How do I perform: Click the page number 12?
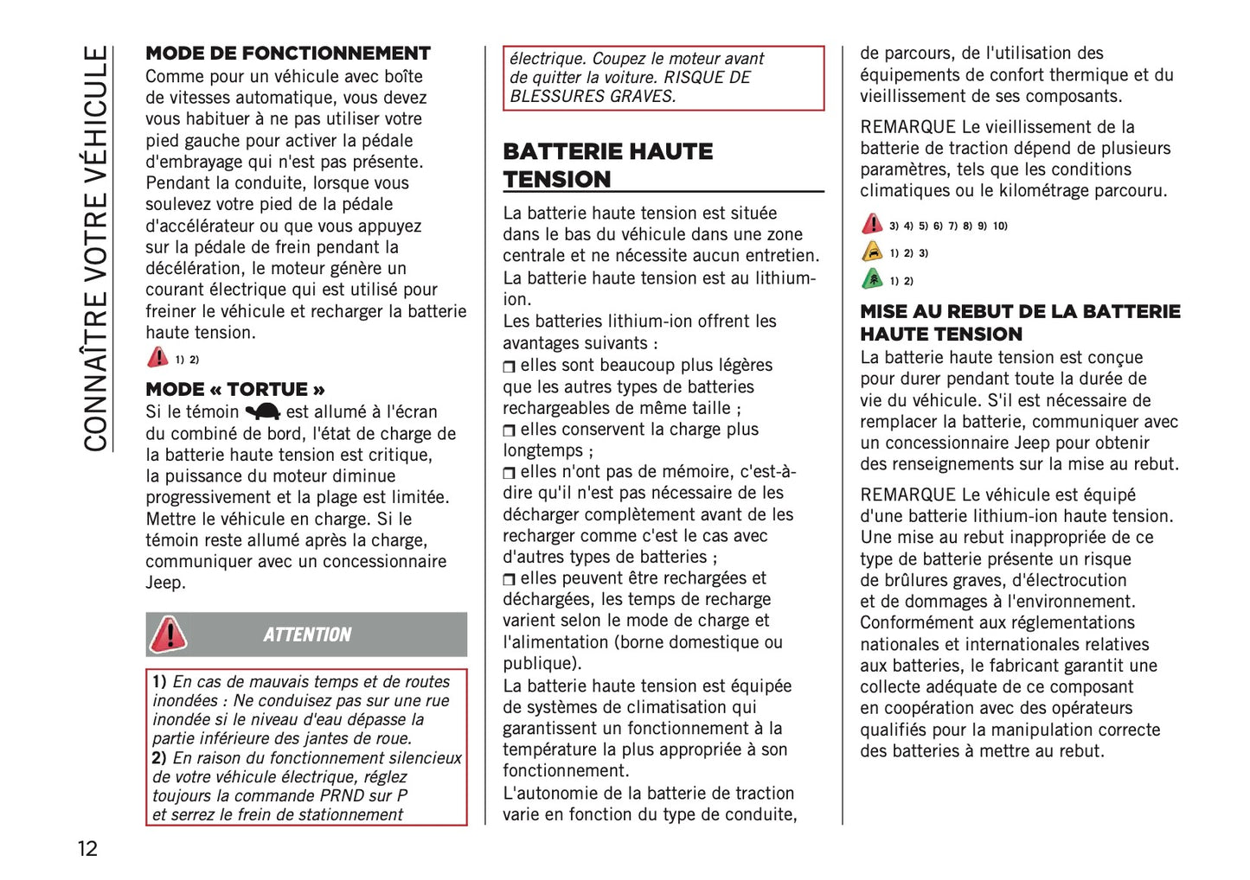(87, 848)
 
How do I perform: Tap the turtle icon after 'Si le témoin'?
(262, 411)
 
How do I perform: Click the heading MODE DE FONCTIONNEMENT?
(287, 54)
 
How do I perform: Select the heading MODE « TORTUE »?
(235, 389)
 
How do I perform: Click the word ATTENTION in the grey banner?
(307, 634)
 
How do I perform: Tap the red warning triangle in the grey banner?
(168, 634)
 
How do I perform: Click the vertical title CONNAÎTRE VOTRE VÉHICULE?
(95, 249)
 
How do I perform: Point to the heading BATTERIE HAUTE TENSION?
(607, 165)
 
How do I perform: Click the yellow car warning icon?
(872, 252)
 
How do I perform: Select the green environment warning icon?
(872, 279)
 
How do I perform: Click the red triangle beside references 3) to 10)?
(872, 224)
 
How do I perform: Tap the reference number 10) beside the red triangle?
(1000, 226)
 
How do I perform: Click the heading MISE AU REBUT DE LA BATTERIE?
(1019, 312)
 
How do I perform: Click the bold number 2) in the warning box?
(159, 758)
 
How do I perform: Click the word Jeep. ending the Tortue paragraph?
(165, 583)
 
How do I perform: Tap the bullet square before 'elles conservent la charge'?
(509, 430)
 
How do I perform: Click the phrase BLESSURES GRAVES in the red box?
(592, 96)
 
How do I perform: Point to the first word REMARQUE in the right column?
(907, 127)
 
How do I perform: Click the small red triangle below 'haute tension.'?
(157, 357)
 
